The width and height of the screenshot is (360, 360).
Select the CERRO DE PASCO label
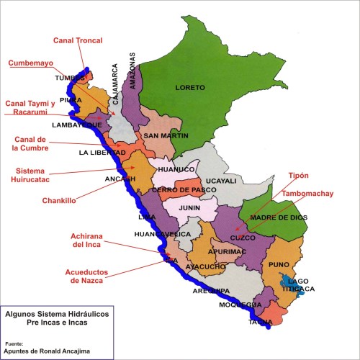click(x=176, y=189)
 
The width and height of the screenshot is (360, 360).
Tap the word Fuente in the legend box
click(x=14, y=343)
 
